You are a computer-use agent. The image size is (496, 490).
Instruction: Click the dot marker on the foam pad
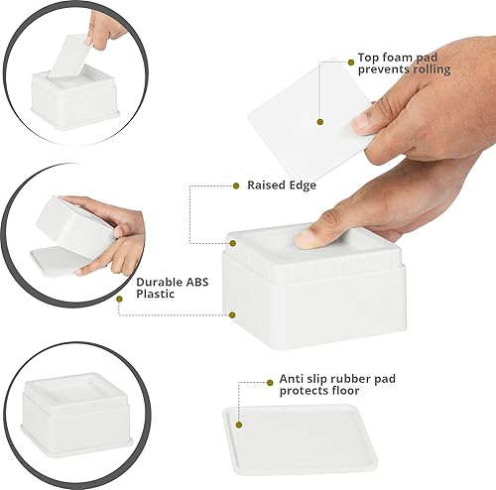[x=320, y=122]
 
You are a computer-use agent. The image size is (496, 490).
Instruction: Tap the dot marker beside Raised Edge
[x=231, y=184]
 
